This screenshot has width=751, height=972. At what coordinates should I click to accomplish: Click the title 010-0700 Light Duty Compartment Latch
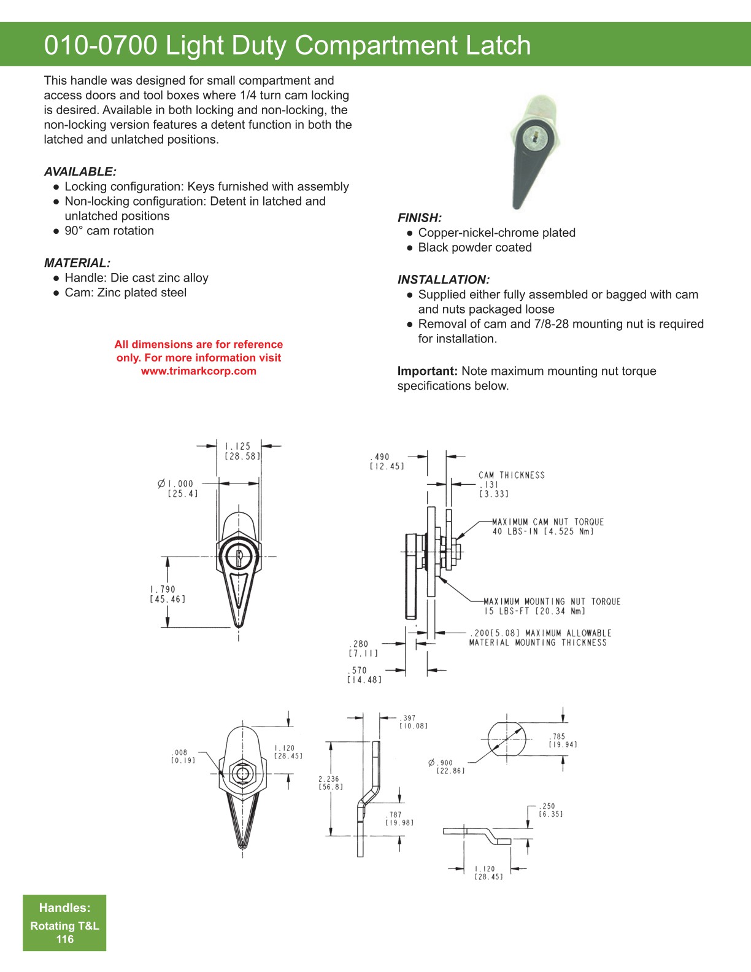287,45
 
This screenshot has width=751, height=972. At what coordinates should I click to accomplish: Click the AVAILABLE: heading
80,172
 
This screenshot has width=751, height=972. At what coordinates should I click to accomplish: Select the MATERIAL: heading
77,263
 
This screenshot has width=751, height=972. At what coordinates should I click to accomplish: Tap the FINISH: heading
420,218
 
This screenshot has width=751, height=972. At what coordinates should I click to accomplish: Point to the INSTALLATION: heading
443,280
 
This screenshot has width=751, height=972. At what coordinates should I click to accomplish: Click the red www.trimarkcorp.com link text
198,371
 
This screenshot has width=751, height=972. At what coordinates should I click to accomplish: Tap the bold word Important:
427,371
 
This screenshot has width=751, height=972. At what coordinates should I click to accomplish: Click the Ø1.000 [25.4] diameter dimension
179,488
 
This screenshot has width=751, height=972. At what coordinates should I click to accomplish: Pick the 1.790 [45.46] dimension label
167,594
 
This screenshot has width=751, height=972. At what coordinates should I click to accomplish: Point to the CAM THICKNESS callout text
511,475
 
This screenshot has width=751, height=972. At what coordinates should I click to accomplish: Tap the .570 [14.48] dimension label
364,675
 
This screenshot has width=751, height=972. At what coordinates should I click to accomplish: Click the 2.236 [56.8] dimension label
330,783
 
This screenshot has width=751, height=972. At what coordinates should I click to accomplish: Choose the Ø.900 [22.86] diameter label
448,766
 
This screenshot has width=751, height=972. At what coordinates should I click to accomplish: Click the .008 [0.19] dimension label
182,756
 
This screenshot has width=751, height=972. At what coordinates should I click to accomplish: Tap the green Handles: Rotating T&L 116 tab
64,923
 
